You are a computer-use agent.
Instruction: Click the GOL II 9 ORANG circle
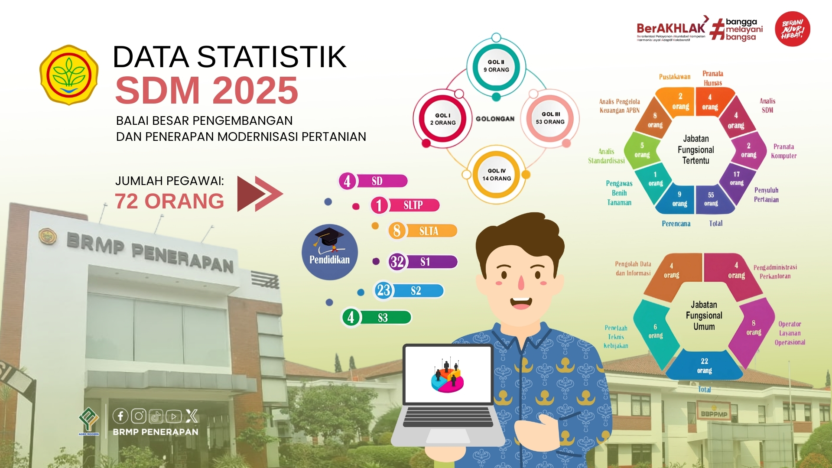coord(496,66)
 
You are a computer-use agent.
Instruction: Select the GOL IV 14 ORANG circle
coord(497,175)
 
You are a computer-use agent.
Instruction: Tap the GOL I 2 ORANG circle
coord(443,119)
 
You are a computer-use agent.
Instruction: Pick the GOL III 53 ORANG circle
coord(550,118)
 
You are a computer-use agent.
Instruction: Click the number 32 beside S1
coord(397,262)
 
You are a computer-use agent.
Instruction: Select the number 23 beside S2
coord(383,290)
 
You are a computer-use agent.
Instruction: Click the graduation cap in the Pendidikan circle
coord(329,240)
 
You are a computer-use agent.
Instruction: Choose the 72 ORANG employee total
coord(169,201)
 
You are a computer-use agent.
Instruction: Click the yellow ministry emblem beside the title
coord(69,75)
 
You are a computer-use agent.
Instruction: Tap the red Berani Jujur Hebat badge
coord(792,29)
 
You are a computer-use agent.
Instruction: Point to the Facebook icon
coord(120,416)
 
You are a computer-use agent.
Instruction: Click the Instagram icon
coord(139,416)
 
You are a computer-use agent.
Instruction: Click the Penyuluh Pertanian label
coord(766,195)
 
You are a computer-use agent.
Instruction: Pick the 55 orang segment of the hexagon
coord(711,199)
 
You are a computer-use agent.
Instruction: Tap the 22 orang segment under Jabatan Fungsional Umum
coord(704,366)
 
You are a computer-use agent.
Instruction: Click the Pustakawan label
coord(674,77)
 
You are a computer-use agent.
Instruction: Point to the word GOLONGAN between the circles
coord(495,119)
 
